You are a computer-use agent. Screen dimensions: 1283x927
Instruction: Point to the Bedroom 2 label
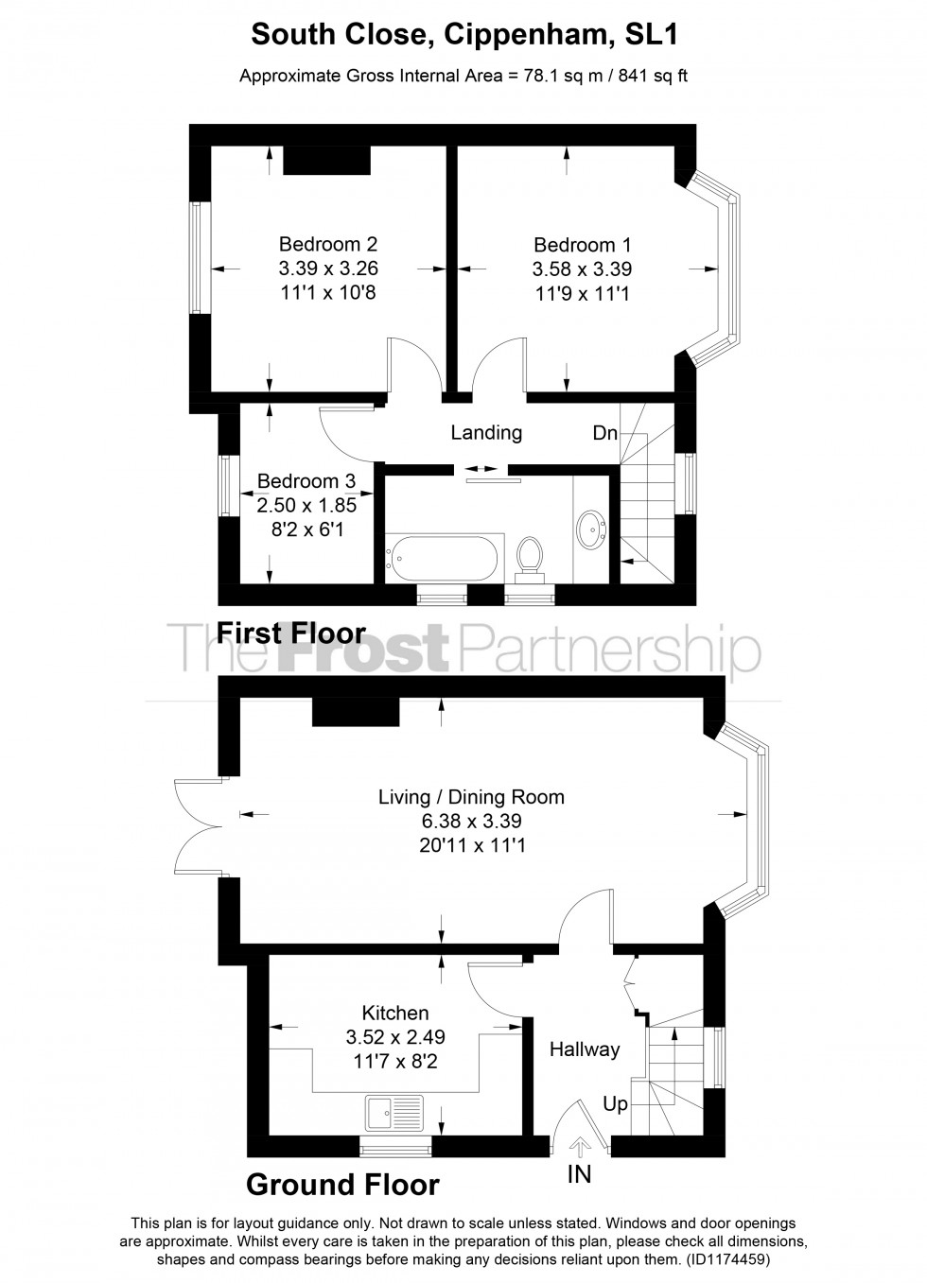328,244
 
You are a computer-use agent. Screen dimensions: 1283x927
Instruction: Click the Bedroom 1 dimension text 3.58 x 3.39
582,269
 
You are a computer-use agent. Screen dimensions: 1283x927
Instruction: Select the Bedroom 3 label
306,481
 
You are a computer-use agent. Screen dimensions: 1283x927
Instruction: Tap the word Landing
486,433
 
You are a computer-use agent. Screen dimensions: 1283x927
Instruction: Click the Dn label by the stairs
604,434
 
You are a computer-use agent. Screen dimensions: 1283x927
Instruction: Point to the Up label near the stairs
615,1104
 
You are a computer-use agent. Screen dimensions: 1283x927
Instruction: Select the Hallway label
585,1049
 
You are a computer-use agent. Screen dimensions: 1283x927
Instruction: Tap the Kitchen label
395,1013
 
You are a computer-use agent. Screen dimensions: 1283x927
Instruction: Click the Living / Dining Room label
471,797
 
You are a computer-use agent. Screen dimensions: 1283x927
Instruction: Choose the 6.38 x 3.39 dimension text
471,822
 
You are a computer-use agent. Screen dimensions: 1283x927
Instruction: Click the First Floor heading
291,633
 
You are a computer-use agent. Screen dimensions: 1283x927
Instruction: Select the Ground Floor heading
342,1184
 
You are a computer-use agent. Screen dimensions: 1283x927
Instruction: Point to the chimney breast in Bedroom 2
326,162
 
